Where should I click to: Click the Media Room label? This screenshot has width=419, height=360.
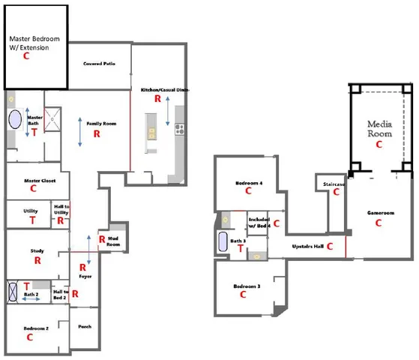coord(379,128)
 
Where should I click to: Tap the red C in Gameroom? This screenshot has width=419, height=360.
coord(379,223)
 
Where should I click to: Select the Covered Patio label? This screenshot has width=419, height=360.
coord(99,64)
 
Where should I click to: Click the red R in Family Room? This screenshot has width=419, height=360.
coord(96,133)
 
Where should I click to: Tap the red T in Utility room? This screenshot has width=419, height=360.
coord(32,221)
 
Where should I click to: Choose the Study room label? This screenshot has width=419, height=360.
coord(37,251)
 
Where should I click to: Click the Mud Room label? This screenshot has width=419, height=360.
coord(113,241)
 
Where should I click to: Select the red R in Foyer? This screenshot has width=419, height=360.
coord(83,267)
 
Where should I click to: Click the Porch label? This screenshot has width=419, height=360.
coord(85,327)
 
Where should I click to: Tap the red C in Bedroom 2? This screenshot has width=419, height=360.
coord(30,337)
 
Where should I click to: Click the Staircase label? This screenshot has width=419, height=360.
coord(334,183)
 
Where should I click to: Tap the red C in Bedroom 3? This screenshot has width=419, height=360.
coord(243,295)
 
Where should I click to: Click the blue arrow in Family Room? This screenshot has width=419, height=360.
coord(82,132)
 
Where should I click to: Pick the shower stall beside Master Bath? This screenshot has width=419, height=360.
coord(53,118)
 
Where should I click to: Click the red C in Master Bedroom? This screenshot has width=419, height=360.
coord(26,55)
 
